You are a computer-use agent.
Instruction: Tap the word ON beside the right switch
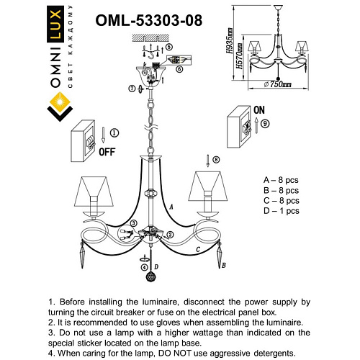pyautogui.click(x=259, y=110)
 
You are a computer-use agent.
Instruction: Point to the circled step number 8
pyautogui.click(x=215, y=158)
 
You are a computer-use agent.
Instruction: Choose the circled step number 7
pyautogui.click(x=132, y=88)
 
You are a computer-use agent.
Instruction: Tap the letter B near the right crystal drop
pyautogui.click(x=224, y=266)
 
